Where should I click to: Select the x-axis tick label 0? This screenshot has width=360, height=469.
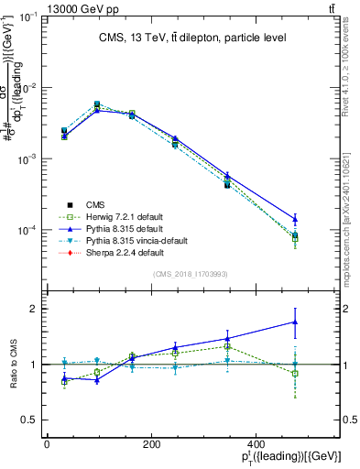pyautogui.click(x=47, y=445)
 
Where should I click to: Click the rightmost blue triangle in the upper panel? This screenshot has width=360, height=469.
pyautogui.click(x=295, y=218)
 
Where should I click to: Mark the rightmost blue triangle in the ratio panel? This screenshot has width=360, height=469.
pyautogui.click(x=295, y=322)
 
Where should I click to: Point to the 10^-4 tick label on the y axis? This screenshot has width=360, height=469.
pyautogui.click(x=27, y=230)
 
